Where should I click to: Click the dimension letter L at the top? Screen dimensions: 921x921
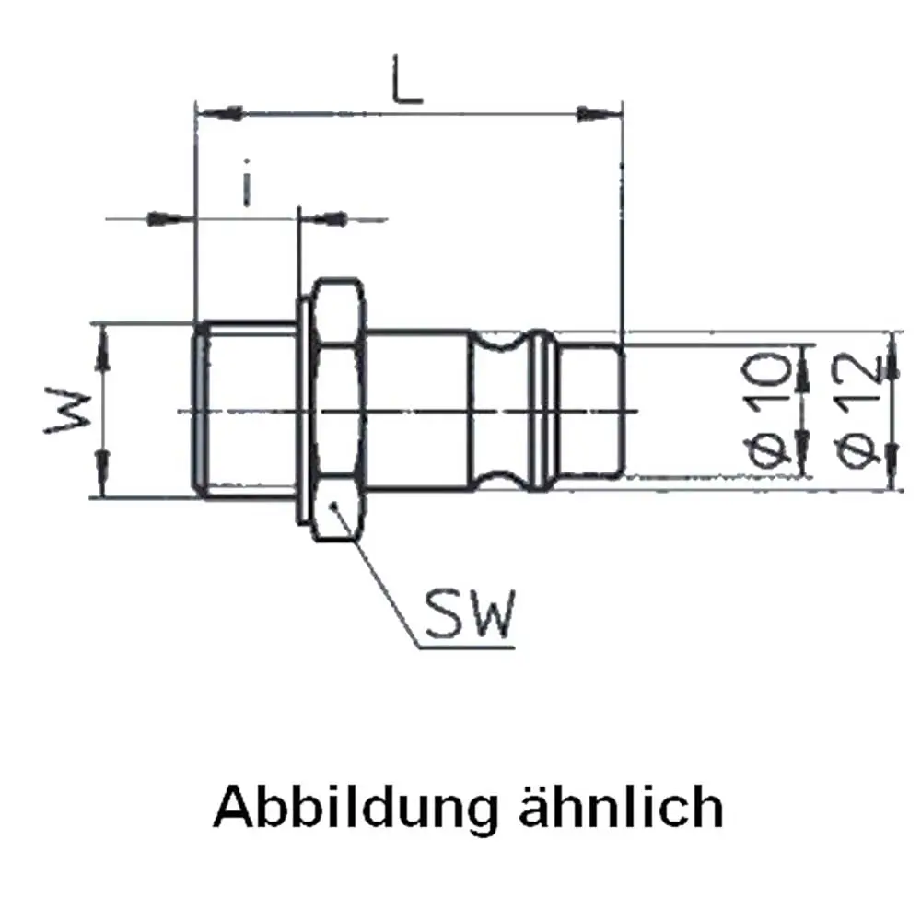click(408, 80)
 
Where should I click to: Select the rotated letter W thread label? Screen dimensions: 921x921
click(69, 410)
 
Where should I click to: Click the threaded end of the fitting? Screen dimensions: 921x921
click(246, 410)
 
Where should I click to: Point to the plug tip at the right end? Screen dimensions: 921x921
click(589, 410)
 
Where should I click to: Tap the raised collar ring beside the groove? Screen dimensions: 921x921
click(541, 410)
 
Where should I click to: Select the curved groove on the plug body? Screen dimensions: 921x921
click(499, 410)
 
